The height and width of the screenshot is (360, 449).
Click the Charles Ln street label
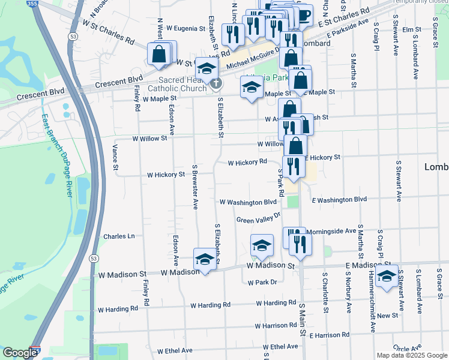pyautogui.click(x=119, y=236)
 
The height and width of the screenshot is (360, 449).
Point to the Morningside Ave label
pyautogui.click(x=331, y=231)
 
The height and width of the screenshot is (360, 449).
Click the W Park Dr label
pyautogui.click(x=261, y=281)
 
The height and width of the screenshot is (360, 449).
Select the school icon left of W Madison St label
pyautogui.click(x=205, y=259)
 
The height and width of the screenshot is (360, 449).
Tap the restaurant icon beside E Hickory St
pyautogui.click(x=293, y=166)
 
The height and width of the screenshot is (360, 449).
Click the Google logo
pyautogui.click(x=19, y=352)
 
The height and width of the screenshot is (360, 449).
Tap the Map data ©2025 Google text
pyautogui.click(x=411, y=355)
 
